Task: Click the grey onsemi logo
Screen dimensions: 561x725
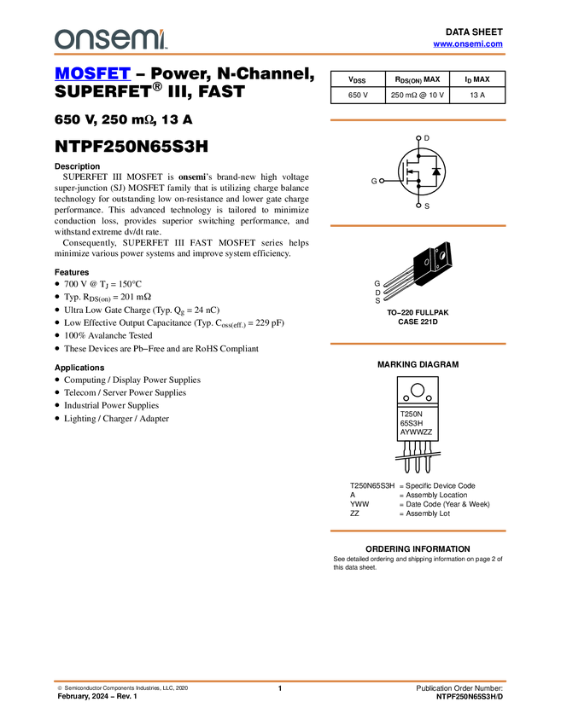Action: point(110,39)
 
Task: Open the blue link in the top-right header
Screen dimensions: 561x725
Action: point(468,44)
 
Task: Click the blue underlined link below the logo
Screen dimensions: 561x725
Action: point(92,74)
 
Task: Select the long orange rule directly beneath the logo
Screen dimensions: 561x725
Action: point(280,55)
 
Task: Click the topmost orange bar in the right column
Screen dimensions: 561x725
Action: point(418,120)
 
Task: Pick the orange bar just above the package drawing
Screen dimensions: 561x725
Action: point(418,226)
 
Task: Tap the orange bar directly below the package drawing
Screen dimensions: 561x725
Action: point(418,344)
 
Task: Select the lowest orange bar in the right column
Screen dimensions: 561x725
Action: point(418,531)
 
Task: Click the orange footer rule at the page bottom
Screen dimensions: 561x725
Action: point(280,681)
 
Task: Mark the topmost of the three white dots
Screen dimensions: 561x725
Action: point(418,138)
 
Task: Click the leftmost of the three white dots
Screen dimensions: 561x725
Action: point(381,181)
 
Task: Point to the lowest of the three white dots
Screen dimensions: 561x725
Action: point(418,206)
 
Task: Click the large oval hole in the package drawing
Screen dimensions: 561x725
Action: point(443,254)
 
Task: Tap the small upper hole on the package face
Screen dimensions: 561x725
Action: point(435,252)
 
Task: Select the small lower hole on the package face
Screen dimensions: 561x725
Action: point(437,266)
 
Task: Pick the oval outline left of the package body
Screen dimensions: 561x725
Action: point(427,262)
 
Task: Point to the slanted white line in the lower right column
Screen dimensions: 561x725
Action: point(418,456)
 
